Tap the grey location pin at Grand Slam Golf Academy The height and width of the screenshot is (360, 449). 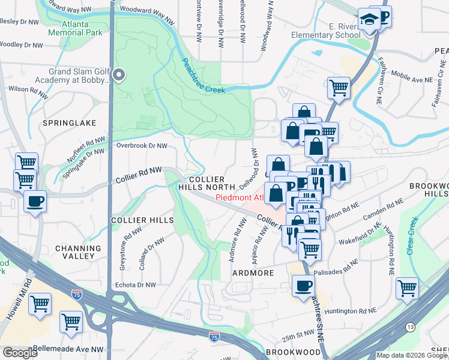point(119,76)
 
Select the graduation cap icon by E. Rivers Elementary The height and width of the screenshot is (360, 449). point(368,19)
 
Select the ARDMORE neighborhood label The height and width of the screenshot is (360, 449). point(253,273)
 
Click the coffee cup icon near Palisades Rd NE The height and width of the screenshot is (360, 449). point(303,285)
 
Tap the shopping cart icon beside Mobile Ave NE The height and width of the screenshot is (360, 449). point(339,87)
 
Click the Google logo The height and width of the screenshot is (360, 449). point(20,353)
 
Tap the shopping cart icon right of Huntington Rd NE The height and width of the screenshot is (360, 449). point(407,288)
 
